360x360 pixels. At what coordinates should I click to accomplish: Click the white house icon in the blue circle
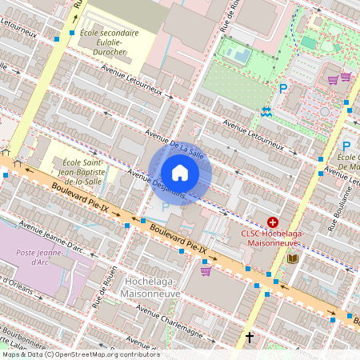tap(180, 173)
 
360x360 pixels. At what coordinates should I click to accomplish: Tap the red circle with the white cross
tap(273, 222)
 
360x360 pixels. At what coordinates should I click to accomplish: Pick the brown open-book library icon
tap(292, 258)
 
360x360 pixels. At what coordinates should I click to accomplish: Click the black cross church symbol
tap(250, 338)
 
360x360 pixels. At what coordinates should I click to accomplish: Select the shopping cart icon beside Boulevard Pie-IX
tap(206, 270)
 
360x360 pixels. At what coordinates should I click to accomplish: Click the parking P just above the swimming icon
tap(282, 89)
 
